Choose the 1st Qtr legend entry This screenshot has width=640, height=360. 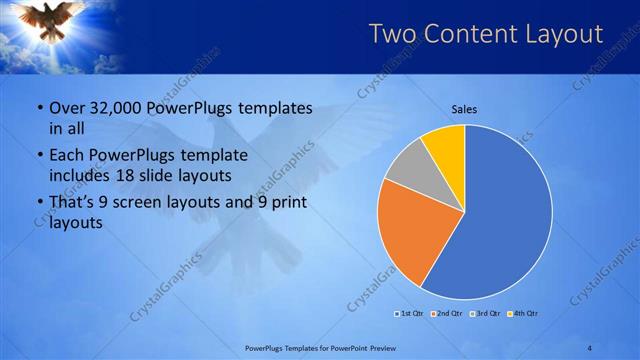(410, 314)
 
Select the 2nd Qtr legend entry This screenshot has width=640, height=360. (446, 314)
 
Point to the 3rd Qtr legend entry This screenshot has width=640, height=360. (484, 314)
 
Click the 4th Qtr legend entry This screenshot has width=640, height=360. (522, 314)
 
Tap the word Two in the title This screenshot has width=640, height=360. (391, 34)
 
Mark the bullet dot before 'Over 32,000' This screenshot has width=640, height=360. (38, 108)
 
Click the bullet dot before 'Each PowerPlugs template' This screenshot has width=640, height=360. (38, 156)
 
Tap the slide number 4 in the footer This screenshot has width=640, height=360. (589, 347)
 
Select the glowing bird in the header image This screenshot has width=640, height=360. (56, 20)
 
